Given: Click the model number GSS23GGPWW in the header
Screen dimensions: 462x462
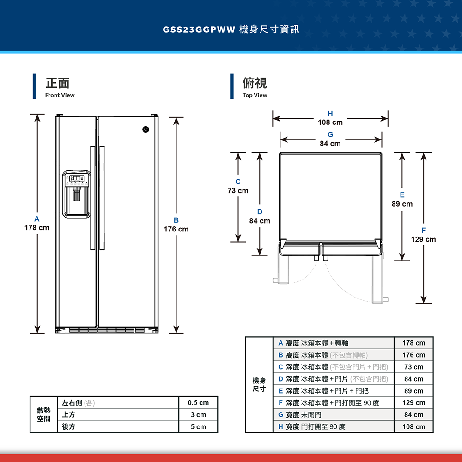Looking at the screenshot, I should [x=199, y=30].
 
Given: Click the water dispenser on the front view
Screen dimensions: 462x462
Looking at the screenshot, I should [x=76, y=194].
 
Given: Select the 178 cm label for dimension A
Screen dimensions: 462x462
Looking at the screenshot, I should [x=37, y=228].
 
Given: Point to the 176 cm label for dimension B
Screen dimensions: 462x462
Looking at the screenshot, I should [x=176, y=229].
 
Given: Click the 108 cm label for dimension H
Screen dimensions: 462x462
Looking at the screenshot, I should [x=330, y=122].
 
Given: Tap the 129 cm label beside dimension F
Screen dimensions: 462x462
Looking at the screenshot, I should [x=423, y=239].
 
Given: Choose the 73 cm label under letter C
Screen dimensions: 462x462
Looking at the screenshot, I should [x=237, y=191].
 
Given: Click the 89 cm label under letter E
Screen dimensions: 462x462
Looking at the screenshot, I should [x=402, y=204].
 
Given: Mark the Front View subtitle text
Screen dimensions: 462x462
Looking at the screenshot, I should [x=60, y=95].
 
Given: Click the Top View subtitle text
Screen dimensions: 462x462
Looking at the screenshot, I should [x=255, y=95].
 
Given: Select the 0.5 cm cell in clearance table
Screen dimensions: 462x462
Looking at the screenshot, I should [x=198, y=403].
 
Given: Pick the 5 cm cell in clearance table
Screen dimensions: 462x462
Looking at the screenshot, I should [x=198, y=426].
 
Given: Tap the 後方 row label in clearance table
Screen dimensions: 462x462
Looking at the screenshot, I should [x=69, y=426].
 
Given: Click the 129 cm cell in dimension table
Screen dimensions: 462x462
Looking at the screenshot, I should [x=413, y=403].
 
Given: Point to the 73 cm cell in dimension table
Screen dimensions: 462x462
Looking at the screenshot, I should [x=413, y=367].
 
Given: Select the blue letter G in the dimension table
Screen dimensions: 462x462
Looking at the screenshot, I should [x=280, y=414].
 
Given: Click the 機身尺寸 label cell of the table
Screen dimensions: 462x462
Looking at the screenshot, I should [x=259, y=384].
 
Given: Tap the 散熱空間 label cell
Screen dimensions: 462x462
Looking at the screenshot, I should [x=44, y=414].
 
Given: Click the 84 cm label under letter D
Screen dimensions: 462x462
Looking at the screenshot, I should [x=260, y=221].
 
